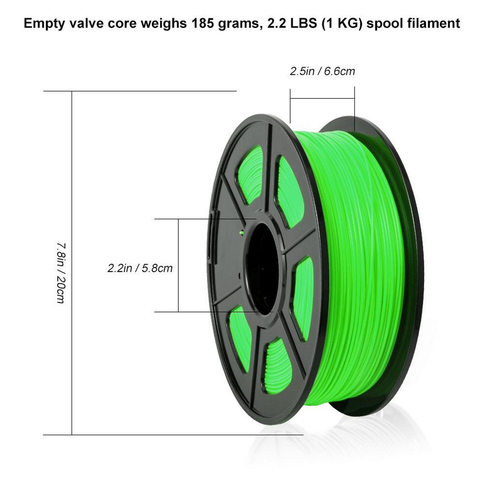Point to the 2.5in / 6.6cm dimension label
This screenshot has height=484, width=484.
322,71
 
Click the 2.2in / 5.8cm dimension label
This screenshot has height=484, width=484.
140,268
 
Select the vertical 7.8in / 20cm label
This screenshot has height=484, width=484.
60,273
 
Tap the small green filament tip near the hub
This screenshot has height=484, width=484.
242,233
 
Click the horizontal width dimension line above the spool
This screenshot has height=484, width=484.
322,98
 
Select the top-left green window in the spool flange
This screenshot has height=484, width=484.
249,175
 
